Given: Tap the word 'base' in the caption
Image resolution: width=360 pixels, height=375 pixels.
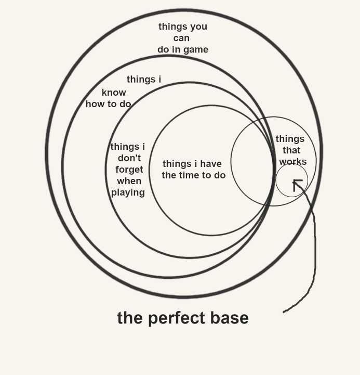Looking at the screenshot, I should pos(230,318).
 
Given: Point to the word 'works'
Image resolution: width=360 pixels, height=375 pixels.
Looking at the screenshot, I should pos(292,162).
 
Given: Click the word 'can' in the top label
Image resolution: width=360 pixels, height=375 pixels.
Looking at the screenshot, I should pos(181,38).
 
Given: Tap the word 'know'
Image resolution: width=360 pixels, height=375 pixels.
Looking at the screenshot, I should pos(114,93).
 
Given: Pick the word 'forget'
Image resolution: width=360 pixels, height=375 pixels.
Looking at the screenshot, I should pos(129,170).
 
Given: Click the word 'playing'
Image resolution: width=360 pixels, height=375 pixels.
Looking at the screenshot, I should pos(128,192).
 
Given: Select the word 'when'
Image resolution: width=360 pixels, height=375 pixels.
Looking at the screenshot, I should pos(129,181).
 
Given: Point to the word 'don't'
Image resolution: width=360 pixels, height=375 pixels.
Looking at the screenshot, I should pos(129,158).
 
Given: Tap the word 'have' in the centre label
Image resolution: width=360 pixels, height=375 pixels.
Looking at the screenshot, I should pos(210,164).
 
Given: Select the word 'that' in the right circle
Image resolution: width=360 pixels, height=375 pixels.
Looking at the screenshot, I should pos(291,150).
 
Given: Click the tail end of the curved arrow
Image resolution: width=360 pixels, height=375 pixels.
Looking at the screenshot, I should pos(284,312).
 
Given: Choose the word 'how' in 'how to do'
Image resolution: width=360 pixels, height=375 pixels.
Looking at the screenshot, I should pos(95,104).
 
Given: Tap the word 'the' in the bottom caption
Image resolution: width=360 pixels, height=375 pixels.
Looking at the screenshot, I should pos(128,318).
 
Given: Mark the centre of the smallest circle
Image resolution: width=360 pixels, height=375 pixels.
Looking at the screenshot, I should pos(291,180).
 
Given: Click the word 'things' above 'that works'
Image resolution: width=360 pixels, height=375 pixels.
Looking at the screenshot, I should pos(290,139).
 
